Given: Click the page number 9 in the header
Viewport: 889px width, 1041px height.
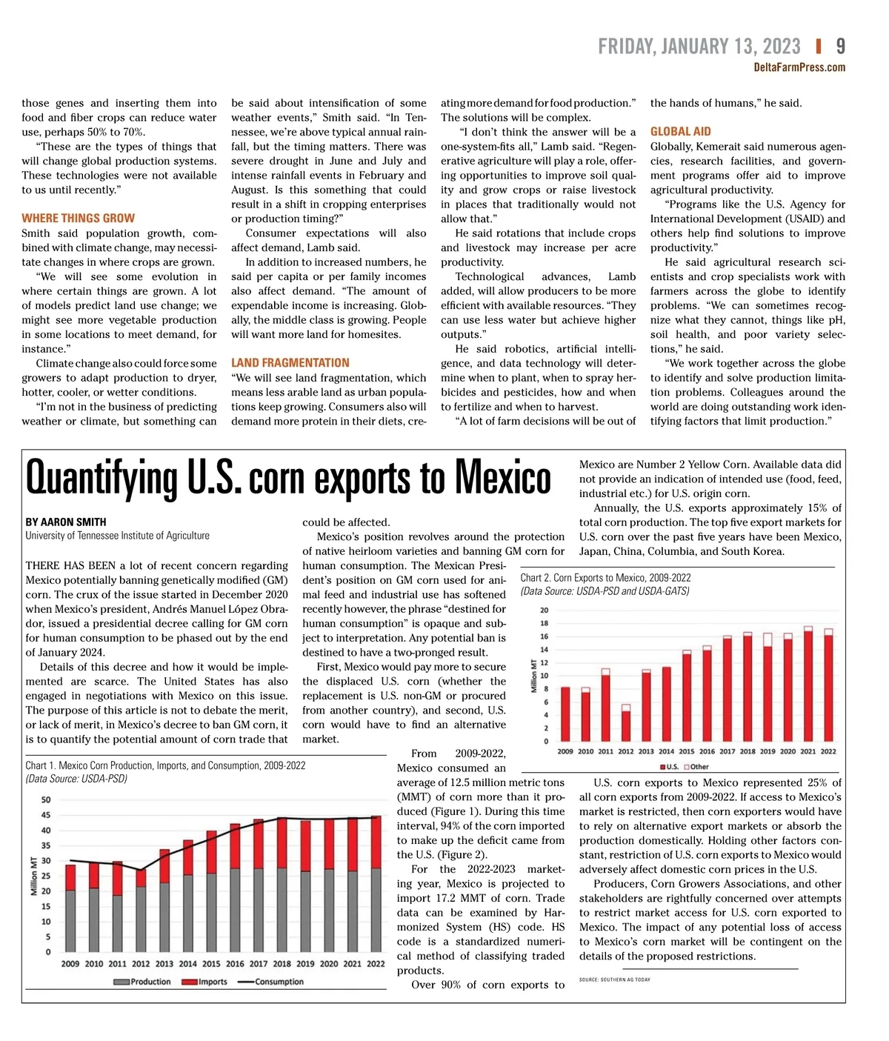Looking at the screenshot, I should point(840,47).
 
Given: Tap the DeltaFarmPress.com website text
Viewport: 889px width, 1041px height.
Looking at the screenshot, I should point(799,67).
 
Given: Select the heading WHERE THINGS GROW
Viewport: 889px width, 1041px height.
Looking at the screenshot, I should point(78,218).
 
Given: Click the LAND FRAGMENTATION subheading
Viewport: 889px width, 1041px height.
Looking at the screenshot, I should point(290,362).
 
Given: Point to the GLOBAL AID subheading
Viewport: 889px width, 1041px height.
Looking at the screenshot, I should point(680,131).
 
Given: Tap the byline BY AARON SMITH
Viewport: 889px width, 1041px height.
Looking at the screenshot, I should point(66,522).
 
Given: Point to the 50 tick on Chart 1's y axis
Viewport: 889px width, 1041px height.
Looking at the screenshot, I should point(46,799).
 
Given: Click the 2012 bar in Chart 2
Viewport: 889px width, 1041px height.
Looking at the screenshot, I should point(626,723).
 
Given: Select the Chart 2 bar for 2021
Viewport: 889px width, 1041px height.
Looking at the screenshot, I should point(808,684).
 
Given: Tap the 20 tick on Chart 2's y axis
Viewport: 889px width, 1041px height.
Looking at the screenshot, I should point(544,611).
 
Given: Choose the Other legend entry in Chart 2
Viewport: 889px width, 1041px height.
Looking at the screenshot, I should point(696,767).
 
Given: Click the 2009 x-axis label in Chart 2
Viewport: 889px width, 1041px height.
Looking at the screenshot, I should point(565,751).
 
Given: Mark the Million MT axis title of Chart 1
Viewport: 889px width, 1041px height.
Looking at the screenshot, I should point(33,876).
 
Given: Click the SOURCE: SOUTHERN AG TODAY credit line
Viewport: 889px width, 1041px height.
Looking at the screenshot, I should point(615,980).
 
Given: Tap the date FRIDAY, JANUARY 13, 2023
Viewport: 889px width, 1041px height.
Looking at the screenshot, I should point(699,47).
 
